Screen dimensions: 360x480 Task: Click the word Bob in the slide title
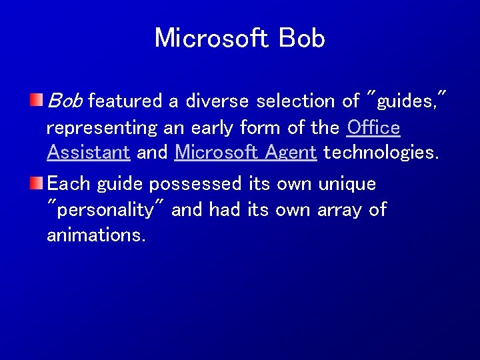coord(303,38)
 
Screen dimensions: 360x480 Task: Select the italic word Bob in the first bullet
coord(65,101)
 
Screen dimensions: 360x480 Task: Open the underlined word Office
coord(374,127)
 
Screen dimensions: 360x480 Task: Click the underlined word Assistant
coord(88,152)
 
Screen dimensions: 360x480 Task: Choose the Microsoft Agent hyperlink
coord(245,152)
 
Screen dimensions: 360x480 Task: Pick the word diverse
coord(216,101)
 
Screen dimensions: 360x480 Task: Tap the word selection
coord(299,101)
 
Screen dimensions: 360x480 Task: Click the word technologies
coord(381,152)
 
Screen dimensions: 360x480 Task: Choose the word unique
coord(348,183)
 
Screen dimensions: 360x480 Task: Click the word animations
coord(96,235)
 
